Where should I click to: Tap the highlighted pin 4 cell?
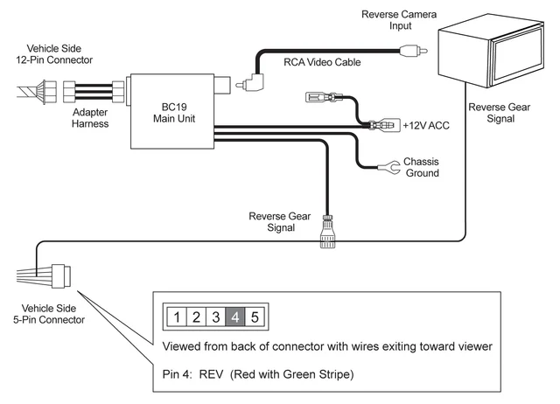(x=234, y=317)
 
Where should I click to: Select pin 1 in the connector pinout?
(x=178, y=317)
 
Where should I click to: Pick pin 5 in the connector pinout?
(x=254, y=317)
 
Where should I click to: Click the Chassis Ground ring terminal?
(x=382, y=165)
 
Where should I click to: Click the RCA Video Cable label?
(x=321, y=62)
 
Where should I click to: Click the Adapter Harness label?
(x=90, y=117)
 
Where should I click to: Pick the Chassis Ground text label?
(x=421, y=167)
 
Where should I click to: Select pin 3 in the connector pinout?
(x=216, y=317)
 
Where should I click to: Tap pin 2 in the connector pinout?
(x=197, y=317)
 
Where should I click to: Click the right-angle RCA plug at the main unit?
(x=254, y=84)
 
